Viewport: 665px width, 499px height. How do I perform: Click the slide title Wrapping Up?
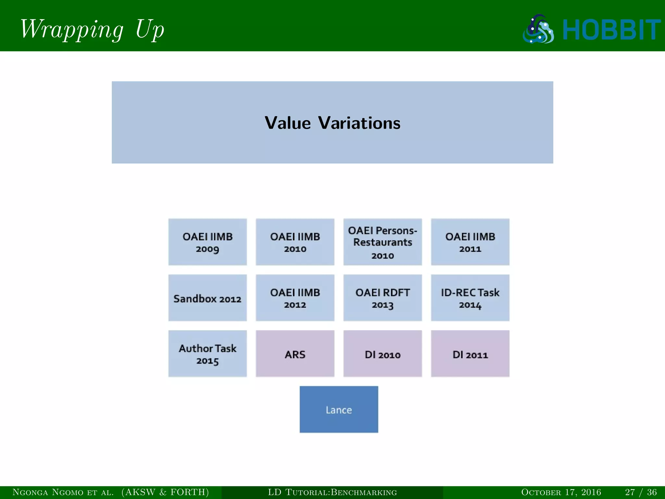coord(92,29)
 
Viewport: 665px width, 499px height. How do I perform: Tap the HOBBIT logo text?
coord(611,30)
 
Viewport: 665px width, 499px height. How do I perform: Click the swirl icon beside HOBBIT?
coord(538,29)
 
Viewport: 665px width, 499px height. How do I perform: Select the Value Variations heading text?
coord(332,123)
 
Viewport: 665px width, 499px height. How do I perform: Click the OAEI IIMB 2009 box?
coord(207,242)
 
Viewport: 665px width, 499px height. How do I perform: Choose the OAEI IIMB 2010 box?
coord(295,242)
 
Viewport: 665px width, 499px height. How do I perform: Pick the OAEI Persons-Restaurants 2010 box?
coord(383,242)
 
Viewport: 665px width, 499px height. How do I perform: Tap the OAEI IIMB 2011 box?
coord(470,242)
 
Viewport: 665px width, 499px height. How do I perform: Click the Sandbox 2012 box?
coord(207,298)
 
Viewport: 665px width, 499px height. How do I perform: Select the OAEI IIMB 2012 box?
coord(295,298)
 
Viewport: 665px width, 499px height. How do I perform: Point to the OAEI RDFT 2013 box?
coord(383,298)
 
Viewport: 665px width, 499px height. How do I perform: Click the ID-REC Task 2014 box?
coord(470,298)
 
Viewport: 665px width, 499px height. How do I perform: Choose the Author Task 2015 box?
coord(207,354)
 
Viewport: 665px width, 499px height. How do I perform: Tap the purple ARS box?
coord(295,354)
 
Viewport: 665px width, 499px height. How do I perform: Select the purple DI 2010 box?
coord(383,354)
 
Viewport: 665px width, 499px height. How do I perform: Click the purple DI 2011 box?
coord(470,354)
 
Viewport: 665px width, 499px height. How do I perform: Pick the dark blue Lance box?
coord(339,409)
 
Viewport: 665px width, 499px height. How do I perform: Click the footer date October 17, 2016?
coord(561,492)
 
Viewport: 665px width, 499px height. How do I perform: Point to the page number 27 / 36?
coord(641,492)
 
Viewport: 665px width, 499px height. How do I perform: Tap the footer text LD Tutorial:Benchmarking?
coord(332,492)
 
